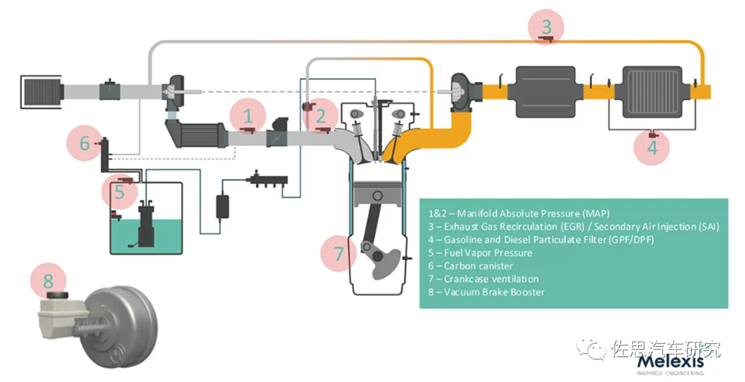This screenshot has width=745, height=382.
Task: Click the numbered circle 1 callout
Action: coord(248,116)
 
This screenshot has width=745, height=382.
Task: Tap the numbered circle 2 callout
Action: coord(321,116)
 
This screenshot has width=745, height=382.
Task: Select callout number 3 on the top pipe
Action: coord(546,28)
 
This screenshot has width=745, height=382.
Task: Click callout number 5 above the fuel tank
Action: coord(120,192)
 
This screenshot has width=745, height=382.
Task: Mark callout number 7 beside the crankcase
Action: coord(339,254)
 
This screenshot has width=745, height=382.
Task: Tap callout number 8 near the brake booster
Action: coord(48,281)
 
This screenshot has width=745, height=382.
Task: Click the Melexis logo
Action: coord(670,362)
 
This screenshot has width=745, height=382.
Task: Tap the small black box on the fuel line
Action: coord(223,205)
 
